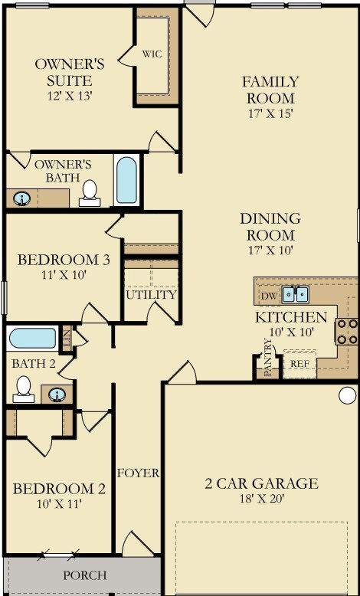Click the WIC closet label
tap(152, 54)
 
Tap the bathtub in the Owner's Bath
tap(126, 180)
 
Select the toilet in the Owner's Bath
tap(90, 194)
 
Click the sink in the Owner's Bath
tap(22, 198)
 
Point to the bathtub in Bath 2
tap(33, 339)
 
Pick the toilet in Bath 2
tap(24, 389)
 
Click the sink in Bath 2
tap(57, 395)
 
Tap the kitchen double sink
tap(296, 294)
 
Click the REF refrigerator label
tap(299, 363)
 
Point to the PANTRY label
tap(267, 358)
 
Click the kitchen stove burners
tap(346, 332)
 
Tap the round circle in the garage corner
tap(348, 395)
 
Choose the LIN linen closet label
tap(67, 339)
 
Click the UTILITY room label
tap(152, 295)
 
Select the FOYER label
tap(138, 473)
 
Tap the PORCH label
tap(85, 575)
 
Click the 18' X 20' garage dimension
tap(261, 499)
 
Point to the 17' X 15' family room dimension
tap(270, 114)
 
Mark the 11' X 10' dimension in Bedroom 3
tap(64, 275)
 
